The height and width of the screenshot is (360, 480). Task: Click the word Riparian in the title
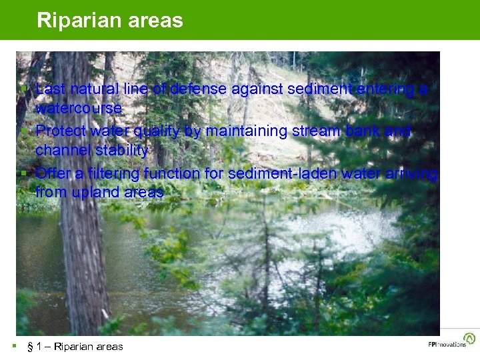(75, 20)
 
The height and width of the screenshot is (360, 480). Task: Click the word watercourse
(79, 108)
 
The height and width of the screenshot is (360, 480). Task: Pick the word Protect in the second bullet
(60, 131)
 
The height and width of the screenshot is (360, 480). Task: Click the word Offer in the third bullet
(53, 174)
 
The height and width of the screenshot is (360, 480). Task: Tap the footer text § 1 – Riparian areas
(75, 346)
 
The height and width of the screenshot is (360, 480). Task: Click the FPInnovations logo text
(447, 345)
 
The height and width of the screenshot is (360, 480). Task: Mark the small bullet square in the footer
(14, 345)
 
